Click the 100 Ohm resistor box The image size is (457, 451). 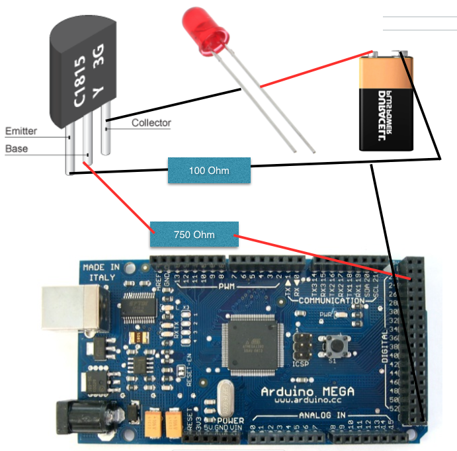pyautogui.click(x=209, y=171)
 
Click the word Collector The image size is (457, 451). pyautogui.click(x=151, y=123)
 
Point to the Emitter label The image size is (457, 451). pyautogui.click(x=21, y=131)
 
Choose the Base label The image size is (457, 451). pyautogui.click(x=17, y=149)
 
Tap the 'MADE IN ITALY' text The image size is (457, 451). pyautogui.click(x=101, y=272)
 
